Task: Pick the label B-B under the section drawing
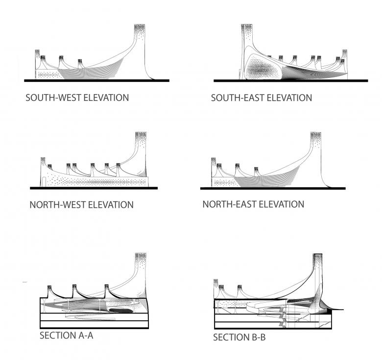(256, 337)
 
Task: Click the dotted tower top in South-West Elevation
(140, 30)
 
